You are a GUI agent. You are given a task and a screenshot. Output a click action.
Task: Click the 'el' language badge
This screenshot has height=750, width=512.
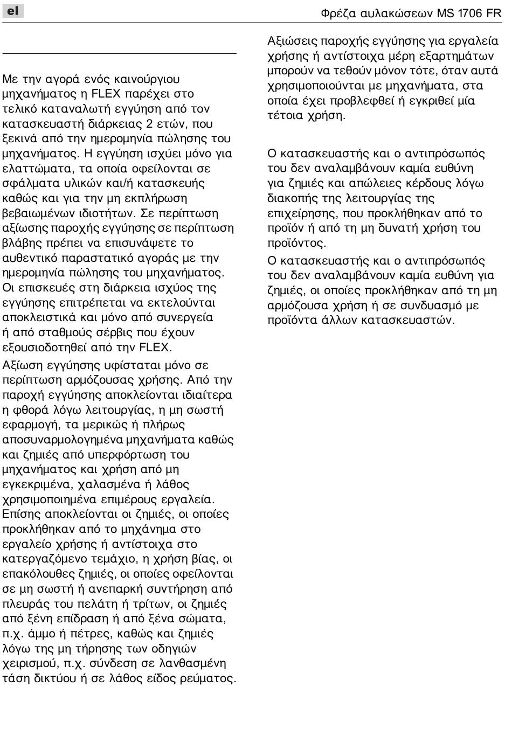[x=13, y=10]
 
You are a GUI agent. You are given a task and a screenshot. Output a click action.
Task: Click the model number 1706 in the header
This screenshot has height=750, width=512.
[x=471, y=13]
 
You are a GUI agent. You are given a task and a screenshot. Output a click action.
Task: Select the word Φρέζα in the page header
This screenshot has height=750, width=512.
[x=338, y=13]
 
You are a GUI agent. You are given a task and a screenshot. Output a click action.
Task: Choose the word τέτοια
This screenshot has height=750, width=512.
[x=286, y=115]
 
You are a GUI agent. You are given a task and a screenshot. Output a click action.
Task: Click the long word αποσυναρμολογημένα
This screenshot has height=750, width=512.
[x=63, y=440]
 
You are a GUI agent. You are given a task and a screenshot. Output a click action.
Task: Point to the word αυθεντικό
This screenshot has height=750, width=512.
[x=30, y=258]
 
